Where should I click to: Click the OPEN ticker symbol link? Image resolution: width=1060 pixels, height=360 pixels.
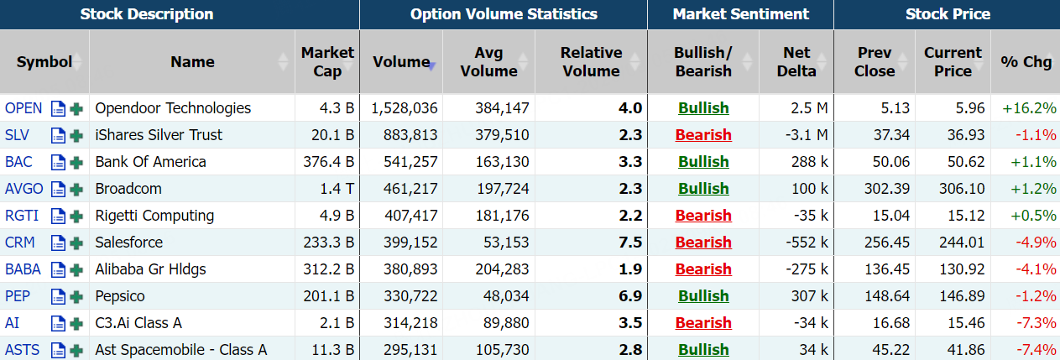click(23, 108)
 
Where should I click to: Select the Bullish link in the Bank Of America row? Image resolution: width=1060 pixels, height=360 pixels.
click(703, 162)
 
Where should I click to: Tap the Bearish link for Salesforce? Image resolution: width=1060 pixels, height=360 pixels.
click(703, 243)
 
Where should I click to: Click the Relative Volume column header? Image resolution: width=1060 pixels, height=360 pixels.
click(591, 62)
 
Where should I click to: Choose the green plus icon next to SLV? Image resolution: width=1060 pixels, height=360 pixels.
click(76, 136)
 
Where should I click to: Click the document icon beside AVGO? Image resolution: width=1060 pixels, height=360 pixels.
click(58, 190)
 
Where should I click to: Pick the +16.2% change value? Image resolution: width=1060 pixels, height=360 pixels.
click(1029, 108)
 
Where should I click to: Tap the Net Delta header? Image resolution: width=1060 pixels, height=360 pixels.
click(796, 62)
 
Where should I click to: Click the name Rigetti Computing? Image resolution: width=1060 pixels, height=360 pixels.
click(154, 216)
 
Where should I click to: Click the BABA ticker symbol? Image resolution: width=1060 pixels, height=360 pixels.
click(23, 269)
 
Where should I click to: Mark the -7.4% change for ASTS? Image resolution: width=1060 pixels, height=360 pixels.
click(1034, 350)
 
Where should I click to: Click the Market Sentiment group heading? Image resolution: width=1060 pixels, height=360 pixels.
click(740, 14)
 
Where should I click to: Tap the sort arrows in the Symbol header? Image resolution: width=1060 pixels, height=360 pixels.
click(78, 62)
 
